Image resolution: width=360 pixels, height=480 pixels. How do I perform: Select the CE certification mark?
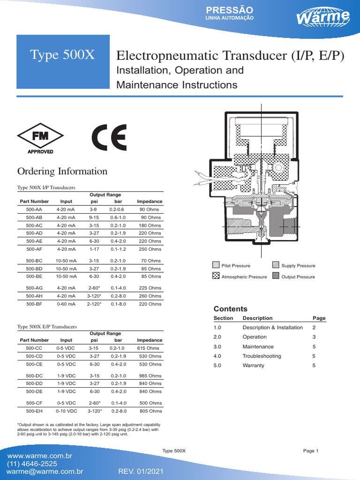(109, 137)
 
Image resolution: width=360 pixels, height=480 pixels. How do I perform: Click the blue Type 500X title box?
(63, 55)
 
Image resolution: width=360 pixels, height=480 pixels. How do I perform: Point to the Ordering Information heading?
(62, 171)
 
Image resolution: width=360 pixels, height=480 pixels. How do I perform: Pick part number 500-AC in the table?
(34, 225)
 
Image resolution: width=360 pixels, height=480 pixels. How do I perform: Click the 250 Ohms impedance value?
(150, 249)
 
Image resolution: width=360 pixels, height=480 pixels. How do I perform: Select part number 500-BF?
(34, 304)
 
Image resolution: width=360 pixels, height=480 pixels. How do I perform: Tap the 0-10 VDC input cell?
(66, 411)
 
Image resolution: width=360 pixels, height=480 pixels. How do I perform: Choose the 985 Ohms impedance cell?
(150, 376)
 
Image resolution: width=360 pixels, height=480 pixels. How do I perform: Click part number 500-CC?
(34, 348)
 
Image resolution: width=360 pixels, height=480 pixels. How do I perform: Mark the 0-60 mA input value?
(66, 304)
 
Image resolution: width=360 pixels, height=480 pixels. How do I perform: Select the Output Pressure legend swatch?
(276, 277)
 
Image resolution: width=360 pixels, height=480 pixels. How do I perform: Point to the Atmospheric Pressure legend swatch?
(216, 277)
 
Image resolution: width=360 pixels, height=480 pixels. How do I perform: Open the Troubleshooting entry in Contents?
(262, 356)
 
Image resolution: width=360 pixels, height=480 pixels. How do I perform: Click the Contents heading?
(230, 309)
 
